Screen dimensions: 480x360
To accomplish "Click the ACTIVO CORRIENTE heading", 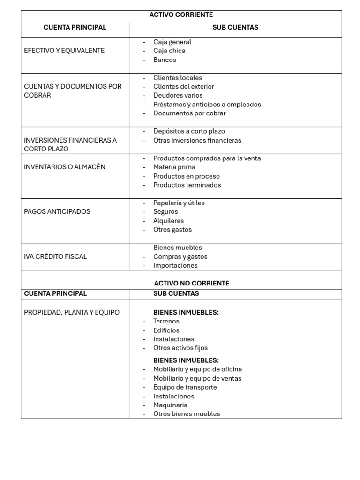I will pos(181,15).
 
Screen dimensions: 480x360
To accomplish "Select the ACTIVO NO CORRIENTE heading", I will pos(192,283).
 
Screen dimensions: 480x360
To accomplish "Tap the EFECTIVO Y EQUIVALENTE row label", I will pos(64,51).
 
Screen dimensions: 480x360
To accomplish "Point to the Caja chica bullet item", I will pos(169,51).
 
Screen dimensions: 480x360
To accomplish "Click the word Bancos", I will pos(165,60).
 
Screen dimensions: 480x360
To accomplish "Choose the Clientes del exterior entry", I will pos(183,86).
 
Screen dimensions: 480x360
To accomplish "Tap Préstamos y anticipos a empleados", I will pos(207,104).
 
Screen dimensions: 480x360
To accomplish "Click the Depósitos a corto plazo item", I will pos(189,131).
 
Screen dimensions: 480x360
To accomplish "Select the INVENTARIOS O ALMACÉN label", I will pos(65,167).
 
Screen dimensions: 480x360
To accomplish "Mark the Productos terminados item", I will pos(187,185).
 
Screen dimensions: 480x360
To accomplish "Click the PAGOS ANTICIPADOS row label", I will pos(57,211).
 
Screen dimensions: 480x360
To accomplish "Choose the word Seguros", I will pos(165,211).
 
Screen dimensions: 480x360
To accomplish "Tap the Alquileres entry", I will pos(168,221).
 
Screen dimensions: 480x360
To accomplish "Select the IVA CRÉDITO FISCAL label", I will pos(55,256).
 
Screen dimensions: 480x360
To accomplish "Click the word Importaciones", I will pos(175,265).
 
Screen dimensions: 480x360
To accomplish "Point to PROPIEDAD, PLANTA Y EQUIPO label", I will pos(72,312).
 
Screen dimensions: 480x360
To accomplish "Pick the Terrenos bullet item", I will pos(166,321).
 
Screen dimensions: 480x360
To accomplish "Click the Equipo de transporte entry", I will pos(185,387).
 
